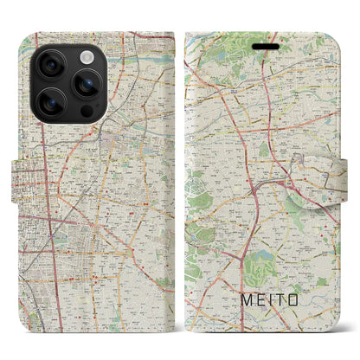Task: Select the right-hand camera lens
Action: tap(84, 83)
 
